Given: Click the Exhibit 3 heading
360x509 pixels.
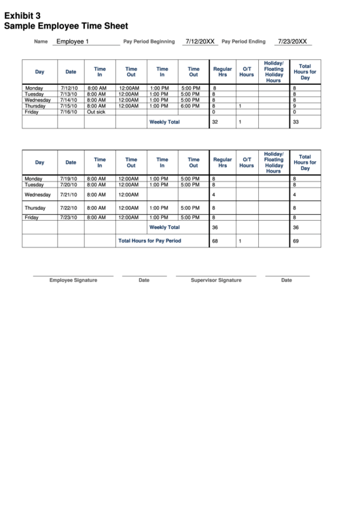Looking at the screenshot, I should (x=22, y=14).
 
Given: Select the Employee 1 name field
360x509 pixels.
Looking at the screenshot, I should (x=72, y=41).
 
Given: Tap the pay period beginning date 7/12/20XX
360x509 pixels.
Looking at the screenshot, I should (x=200, y=41).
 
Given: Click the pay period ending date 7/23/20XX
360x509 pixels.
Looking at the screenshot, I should (x=292, y=41).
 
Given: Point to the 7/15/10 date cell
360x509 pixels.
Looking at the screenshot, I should (x=69, y=106).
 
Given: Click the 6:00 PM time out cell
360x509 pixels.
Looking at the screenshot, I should (x=190, y=106).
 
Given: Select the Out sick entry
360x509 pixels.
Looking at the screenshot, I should (x=96, y=112).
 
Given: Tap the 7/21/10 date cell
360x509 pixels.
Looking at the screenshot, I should (x=69, y=194).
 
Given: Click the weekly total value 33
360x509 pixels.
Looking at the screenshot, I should (x=295, y=122).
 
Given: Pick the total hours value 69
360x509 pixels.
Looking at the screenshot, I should (x=295, y=241).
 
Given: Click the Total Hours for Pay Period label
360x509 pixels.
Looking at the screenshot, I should (x=149, y=241).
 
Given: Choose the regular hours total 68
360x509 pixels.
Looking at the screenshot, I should (x=215, y=241).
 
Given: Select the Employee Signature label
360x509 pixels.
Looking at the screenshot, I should (x=73, y=280).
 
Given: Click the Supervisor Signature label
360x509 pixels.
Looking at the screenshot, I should (x=216, y=280).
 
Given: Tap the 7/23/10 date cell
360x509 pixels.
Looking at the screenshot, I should (x=69, y=217).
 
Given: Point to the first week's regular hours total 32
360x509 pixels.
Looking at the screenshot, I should (x=215, y=122).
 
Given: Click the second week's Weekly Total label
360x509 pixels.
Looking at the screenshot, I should (x=164, y=228).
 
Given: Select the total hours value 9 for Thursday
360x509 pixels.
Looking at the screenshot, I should (x=293, y=106).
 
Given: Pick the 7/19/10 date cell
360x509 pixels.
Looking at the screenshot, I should (x=69, y=178).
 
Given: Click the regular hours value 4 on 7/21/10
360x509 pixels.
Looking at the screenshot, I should (x=213, y=194).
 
